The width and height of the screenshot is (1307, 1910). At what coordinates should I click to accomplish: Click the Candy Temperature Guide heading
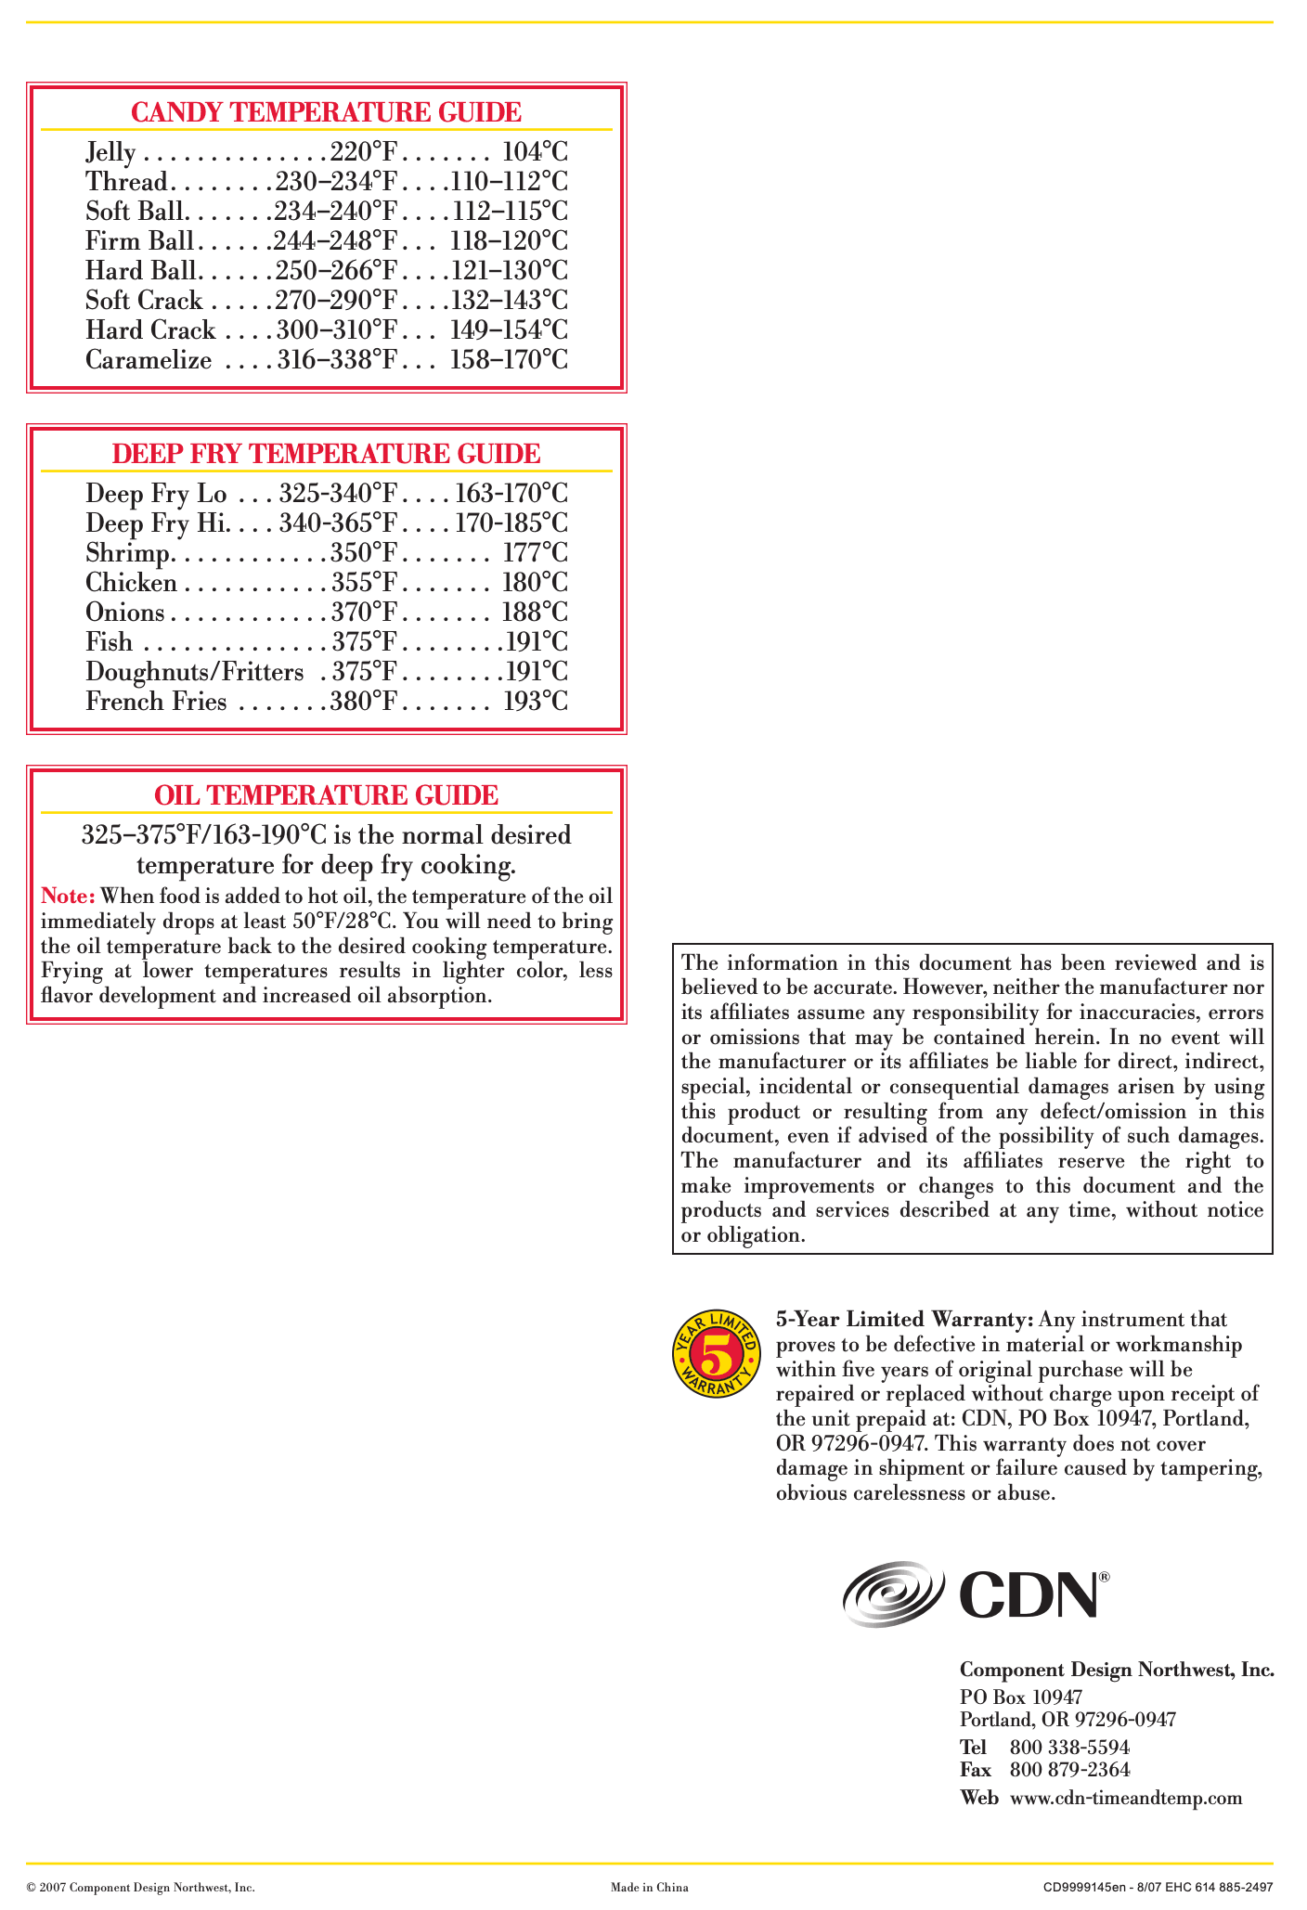326,112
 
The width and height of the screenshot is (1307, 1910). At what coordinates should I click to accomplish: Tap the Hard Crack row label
150,330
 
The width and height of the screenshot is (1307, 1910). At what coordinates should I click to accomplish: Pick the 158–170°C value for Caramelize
509,360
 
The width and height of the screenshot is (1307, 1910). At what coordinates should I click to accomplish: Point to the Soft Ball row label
137,212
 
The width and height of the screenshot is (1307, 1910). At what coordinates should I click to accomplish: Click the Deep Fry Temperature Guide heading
326,454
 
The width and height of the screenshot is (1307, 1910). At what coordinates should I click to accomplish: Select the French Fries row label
156,702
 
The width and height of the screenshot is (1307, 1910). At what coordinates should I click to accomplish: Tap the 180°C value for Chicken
535,583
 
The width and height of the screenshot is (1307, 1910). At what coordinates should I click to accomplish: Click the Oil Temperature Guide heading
326,795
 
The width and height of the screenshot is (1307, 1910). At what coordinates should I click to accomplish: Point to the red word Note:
68,897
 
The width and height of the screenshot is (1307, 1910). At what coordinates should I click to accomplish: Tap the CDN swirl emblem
893,1593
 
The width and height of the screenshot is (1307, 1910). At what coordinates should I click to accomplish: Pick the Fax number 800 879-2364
1069,1770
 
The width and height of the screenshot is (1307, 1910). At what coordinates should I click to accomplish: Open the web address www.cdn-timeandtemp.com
1125,1799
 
